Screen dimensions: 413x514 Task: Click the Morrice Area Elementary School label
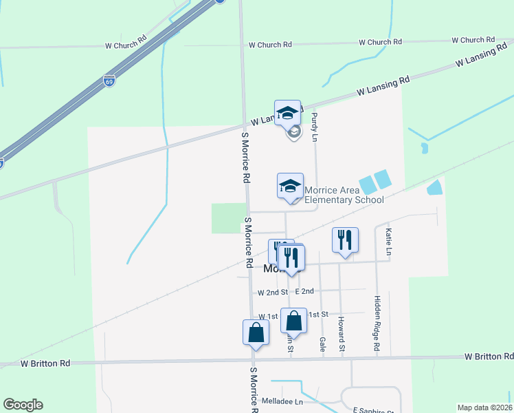(344, 195)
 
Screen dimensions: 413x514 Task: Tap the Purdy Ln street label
(314, 127)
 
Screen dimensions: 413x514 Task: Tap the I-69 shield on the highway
(110, 81)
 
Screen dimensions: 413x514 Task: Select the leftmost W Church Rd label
(126, 45)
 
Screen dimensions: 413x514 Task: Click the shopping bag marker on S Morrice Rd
(255, 332)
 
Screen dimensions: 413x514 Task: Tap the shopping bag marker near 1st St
(293, 321)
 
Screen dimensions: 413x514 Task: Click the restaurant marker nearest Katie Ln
(344, 240)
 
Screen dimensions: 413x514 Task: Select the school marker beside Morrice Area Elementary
(290, 185)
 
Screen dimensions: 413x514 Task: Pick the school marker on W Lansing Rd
(287, 113)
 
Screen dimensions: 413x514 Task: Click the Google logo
(23, 405)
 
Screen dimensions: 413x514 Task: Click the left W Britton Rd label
(45, 363)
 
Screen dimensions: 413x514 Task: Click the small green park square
(229, 218)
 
